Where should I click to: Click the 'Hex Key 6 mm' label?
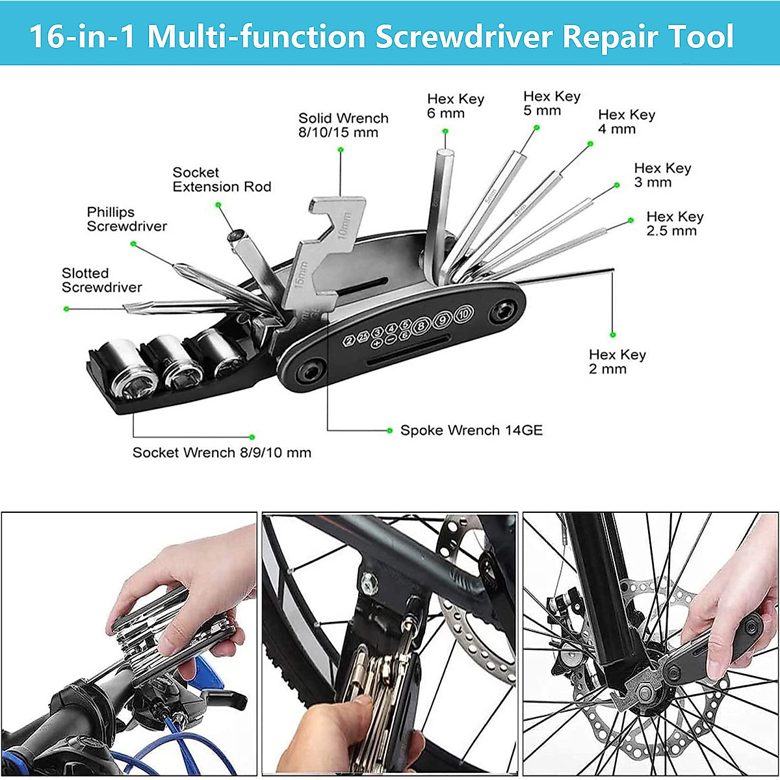[x=455, y=106]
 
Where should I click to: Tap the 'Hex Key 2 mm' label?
[x=617, y=361]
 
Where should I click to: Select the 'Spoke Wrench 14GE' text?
[x=471, y=430]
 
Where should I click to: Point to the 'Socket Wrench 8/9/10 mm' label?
[x=222, y=452]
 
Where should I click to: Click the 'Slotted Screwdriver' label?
[x=101, y=280]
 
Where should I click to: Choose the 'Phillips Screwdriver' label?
[x=127, y=219]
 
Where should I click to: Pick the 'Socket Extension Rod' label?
[x=222, y=179]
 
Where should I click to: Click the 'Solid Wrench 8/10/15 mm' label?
[x=343, y=125]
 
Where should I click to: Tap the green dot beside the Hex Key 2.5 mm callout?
[x=630, y=221]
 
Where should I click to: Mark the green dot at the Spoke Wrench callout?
[x=390, y=430]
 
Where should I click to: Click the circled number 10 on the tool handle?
[x=463, y=315]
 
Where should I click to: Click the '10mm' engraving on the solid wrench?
[x=344, y=224]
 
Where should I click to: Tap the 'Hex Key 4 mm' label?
[x=626, y=122]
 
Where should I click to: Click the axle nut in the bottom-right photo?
[x=645, y=692]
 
